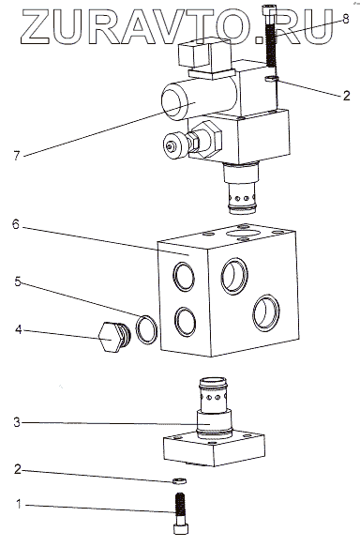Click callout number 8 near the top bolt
pyautogui.click(x=345, y=19)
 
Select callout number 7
pyautogui.click(x=17, y=155)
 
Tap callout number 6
pyautogui.click(x=16, y=224)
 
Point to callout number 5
pyautogui.click(x=18, y=281)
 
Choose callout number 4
pyautogui.click(x=18, y=329)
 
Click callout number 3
pyautogui.click(x=17, y=422)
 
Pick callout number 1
pyautogui.click(x=19, y=504)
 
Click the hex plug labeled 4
pyautogui.click(x=114, y=337)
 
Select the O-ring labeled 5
pyautogui.click(x=146, y=329)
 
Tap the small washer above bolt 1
pyautogui.click(x=179, y=480)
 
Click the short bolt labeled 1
pyautogui.click(x=181, y=513)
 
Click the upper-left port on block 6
pyautogui.click(x=185, y=277)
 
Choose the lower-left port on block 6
pyautogui.click(x=186, y=322)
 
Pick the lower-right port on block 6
pyautogui.click(x=266, y=313)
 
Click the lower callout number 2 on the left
pyautogui.click(x=18, y=469)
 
